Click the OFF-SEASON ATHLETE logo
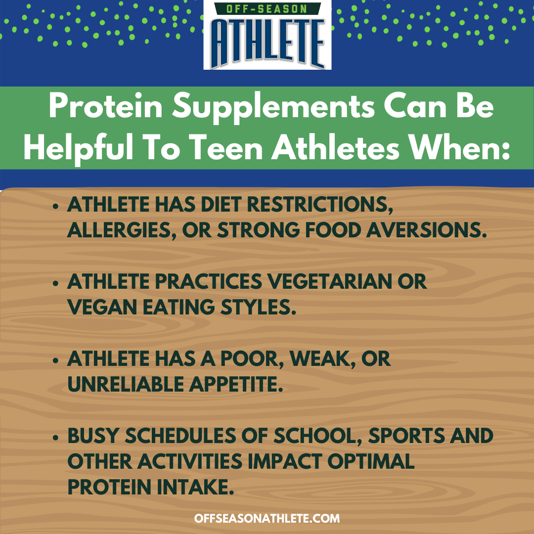pyautogui.click(x=267, y=35)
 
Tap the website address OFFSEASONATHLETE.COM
pyautogui.click(x=267, y=518)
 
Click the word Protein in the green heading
pyautogui.click(x=106, y=107)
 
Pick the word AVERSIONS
pyautogui.click(x=426, y=230)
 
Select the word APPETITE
pyautogui.click(x=236, y=384)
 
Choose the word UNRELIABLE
pyautogui.click(x=125, y=384)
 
